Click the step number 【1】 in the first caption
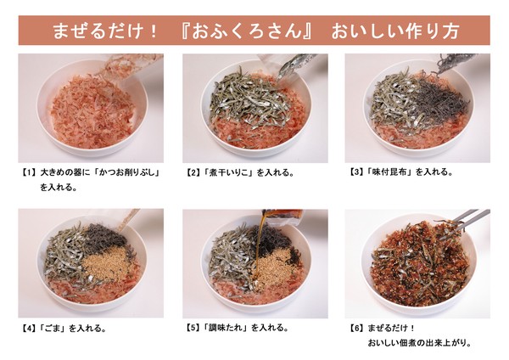pyautogui.click(x=29, y=172)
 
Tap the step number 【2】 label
pyautogui.click(x=193, y=172)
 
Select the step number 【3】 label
pyautogui.click(x=355, y=172)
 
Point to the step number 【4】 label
pyautogui.click(x=29, y=329)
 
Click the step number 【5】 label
pyautogui.click(x=193, y=328)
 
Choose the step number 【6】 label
pyautogui.click(x=356, y=328)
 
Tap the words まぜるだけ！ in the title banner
pyautogui.click(x=105, y=31)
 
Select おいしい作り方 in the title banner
pyautogui.click(x=394, y=31)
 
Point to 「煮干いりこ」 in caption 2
pyautogui.click(x=228, y=172)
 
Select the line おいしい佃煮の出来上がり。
pyautogui.click(x=419, y=343)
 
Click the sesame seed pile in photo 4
pyautogui.click(x=103, y=263)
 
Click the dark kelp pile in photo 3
pyautogui.click(x=441, y=100)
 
